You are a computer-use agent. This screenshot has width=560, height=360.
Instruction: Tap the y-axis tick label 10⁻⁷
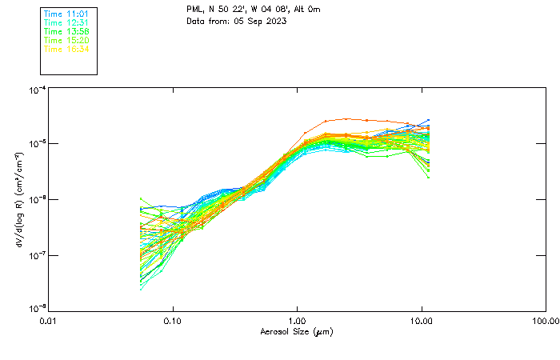pyautogui.click(x=36, y=255)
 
